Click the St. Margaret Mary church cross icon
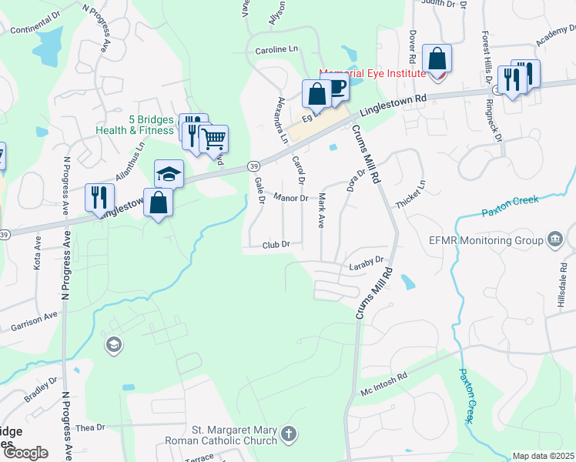point(288,434)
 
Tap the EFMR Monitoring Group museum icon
point(554,240)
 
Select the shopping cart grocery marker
point(213,139)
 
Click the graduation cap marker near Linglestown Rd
point(169,173)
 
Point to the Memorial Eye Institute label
point(373,73)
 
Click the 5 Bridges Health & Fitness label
point(136,125)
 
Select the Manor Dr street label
point(291,198)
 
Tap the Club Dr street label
point(275,244)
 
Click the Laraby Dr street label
point(366,263)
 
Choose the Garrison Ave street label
point(35,322)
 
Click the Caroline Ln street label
point(276,49)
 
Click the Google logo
point(25,454)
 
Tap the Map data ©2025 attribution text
point(543,456)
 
